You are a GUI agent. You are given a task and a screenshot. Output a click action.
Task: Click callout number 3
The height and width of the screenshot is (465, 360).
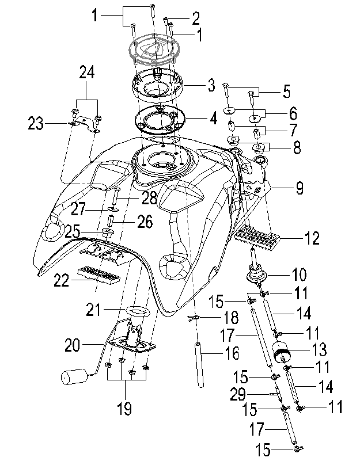pyautogui.click(x=211, y=87)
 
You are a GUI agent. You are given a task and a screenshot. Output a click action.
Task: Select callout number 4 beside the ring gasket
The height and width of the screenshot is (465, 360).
pyautogui.click(x=213, y=120)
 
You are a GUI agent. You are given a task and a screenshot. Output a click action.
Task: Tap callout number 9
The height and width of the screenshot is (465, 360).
pyautogui.click(x=300, y=188)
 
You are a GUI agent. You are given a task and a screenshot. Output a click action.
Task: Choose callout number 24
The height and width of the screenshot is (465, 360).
pyautogui.click(x=86, y=73)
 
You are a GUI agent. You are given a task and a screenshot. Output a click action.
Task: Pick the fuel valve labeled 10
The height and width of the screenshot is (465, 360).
pyautogui.click(x=256, y=273)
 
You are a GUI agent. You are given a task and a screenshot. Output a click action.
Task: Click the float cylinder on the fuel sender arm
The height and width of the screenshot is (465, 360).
pyautogui.click(x=73, y=378)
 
